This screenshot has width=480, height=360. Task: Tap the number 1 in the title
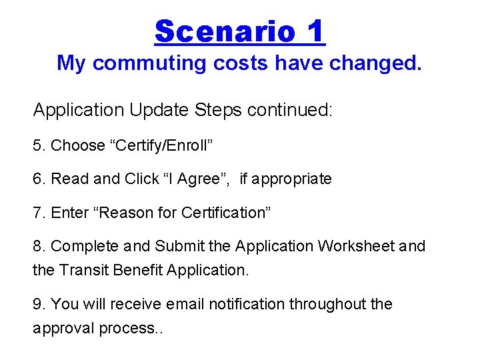(315, 31)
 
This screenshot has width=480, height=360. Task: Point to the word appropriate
(293, 179)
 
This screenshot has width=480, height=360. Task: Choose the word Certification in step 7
(223, 213)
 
